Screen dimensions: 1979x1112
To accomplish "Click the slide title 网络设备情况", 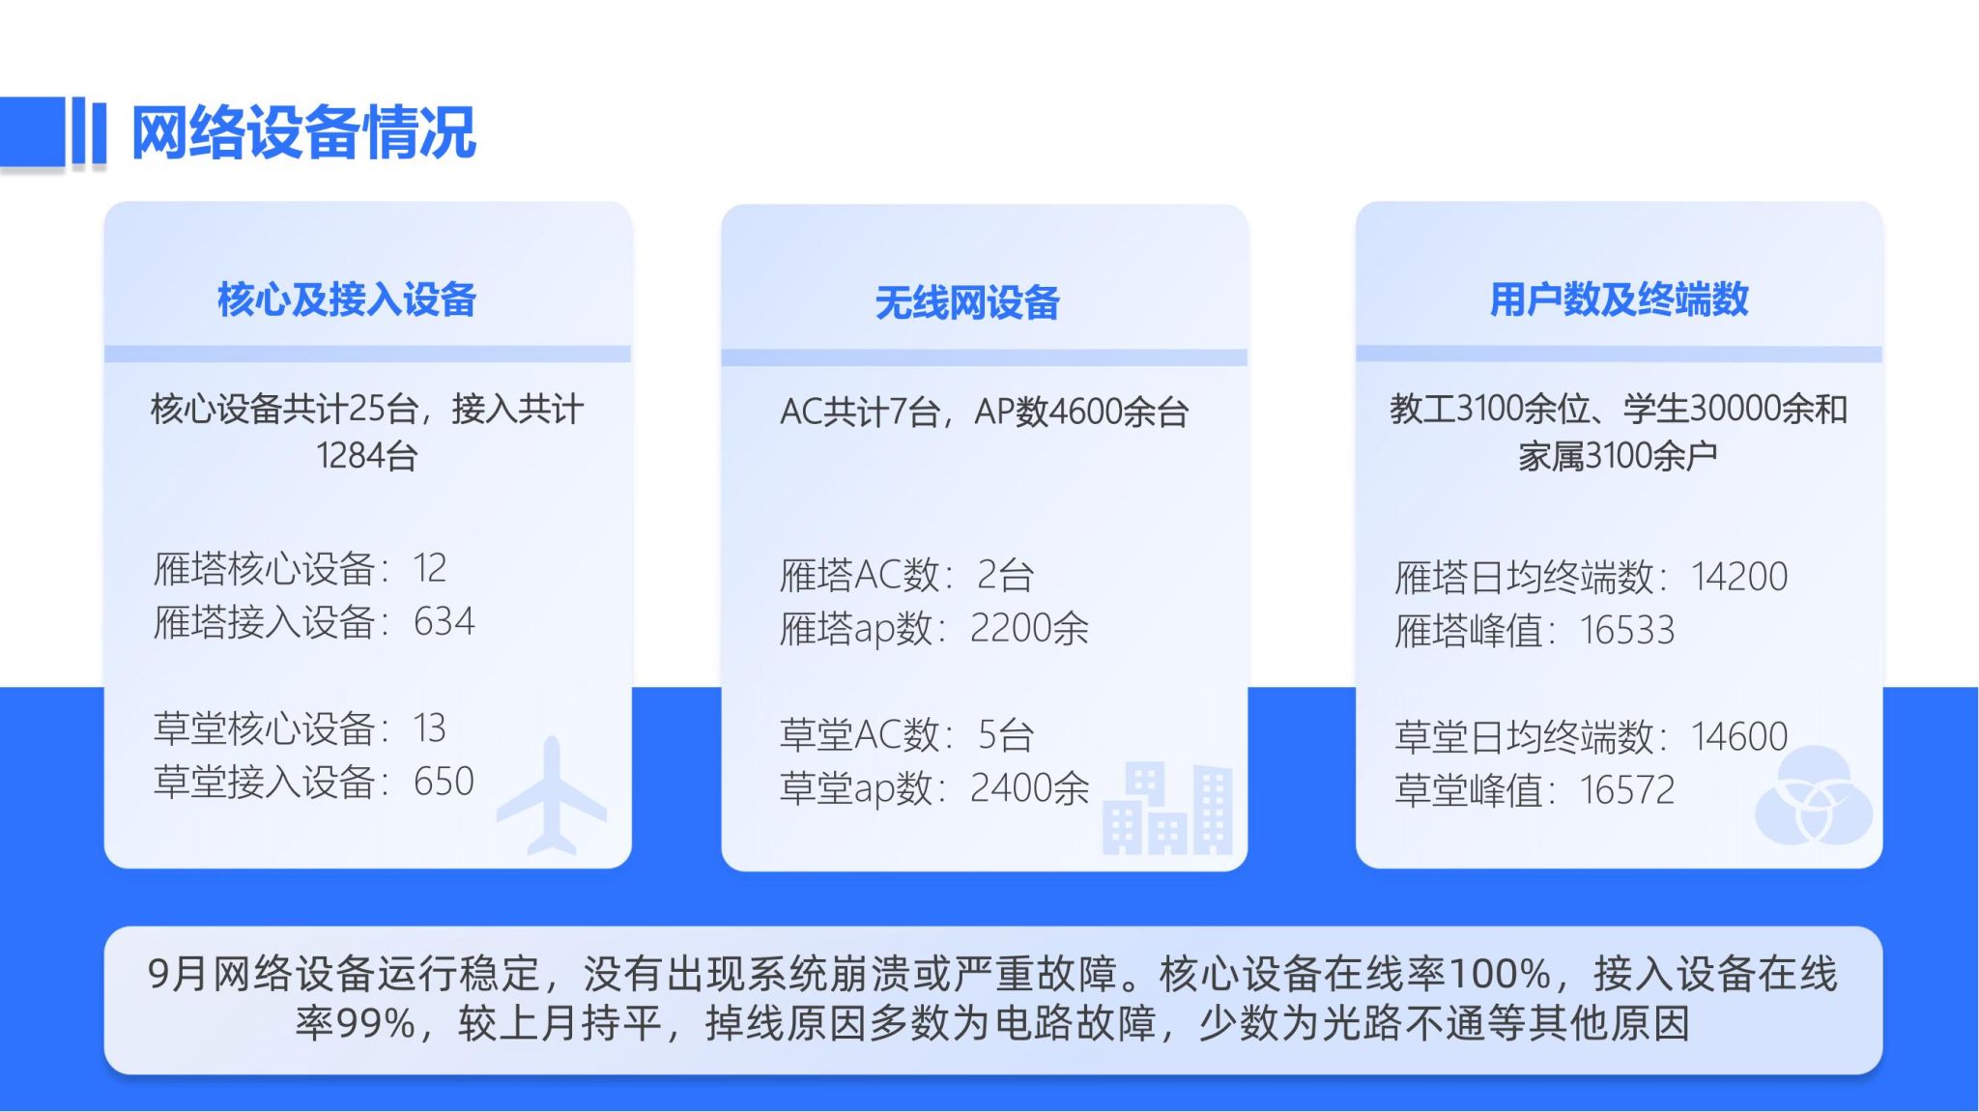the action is (303, 132).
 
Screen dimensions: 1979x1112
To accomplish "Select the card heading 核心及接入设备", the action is (347, 299).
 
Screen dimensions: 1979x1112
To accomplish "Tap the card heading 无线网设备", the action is (967, 303).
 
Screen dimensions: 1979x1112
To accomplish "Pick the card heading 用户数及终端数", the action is (1620, 299).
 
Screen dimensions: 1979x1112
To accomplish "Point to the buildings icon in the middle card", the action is (1167, 809).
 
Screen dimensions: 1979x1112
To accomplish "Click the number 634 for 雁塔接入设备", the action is (444, 622).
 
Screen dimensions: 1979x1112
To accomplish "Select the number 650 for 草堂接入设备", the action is (444, 782).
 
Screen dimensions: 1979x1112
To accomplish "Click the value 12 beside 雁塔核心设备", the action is (430, 568).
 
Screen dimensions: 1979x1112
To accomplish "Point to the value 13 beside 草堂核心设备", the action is (430, 728).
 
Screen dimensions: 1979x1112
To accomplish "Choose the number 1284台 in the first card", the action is (367, 455).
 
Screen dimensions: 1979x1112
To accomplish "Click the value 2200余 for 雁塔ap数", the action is (1029, 629).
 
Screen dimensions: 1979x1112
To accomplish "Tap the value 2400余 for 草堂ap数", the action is (1029, 788).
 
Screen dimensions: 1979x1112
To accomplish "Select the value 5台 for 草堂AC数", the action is (1006, 735).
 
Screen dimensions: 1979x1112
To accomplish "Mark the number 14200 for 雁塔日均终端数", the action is (1739, 577).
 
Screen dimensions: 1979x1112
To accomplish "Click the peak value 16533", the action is (1627, 631).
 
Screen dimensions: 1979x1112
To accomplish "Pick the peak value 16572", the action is (1627, 790).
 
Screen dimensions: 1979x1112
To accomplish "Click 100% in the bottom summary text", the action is (1501, 974).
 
